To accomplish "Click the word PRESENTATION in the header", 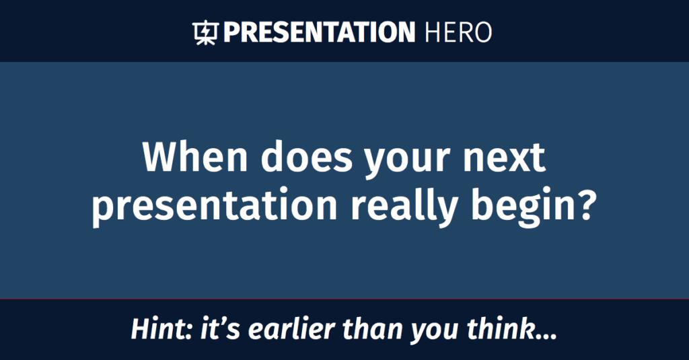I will pyautogui.click(x=319, y=32).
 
